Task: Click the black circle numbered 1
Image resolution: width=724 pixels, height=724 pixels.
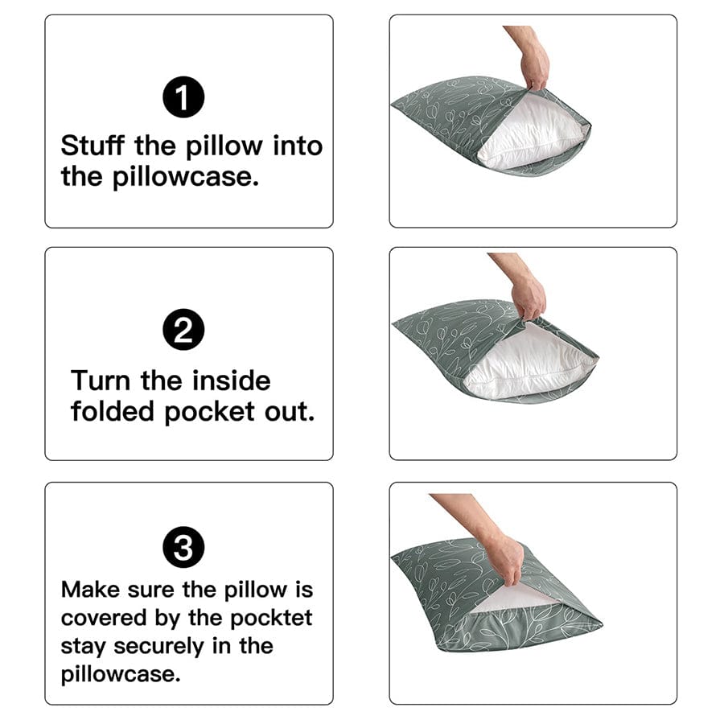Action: click(183, 99)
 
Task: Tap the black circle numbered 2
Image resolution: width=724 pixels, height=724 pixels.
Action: click(183, 332)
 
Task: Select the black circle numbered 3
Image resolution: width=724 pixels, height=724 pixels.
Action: click(183, 549)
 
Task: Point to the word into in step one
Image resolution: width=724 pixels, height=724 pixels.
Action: click(296, 146)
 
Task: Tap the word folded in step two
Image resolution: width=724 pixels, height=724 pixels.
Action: click(113, 411)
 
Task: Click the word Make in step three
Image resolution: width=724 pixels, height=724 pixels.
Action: click(90, 590)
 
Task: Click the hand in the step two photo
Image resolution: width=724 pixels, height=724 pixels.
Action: click(530, 296)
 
